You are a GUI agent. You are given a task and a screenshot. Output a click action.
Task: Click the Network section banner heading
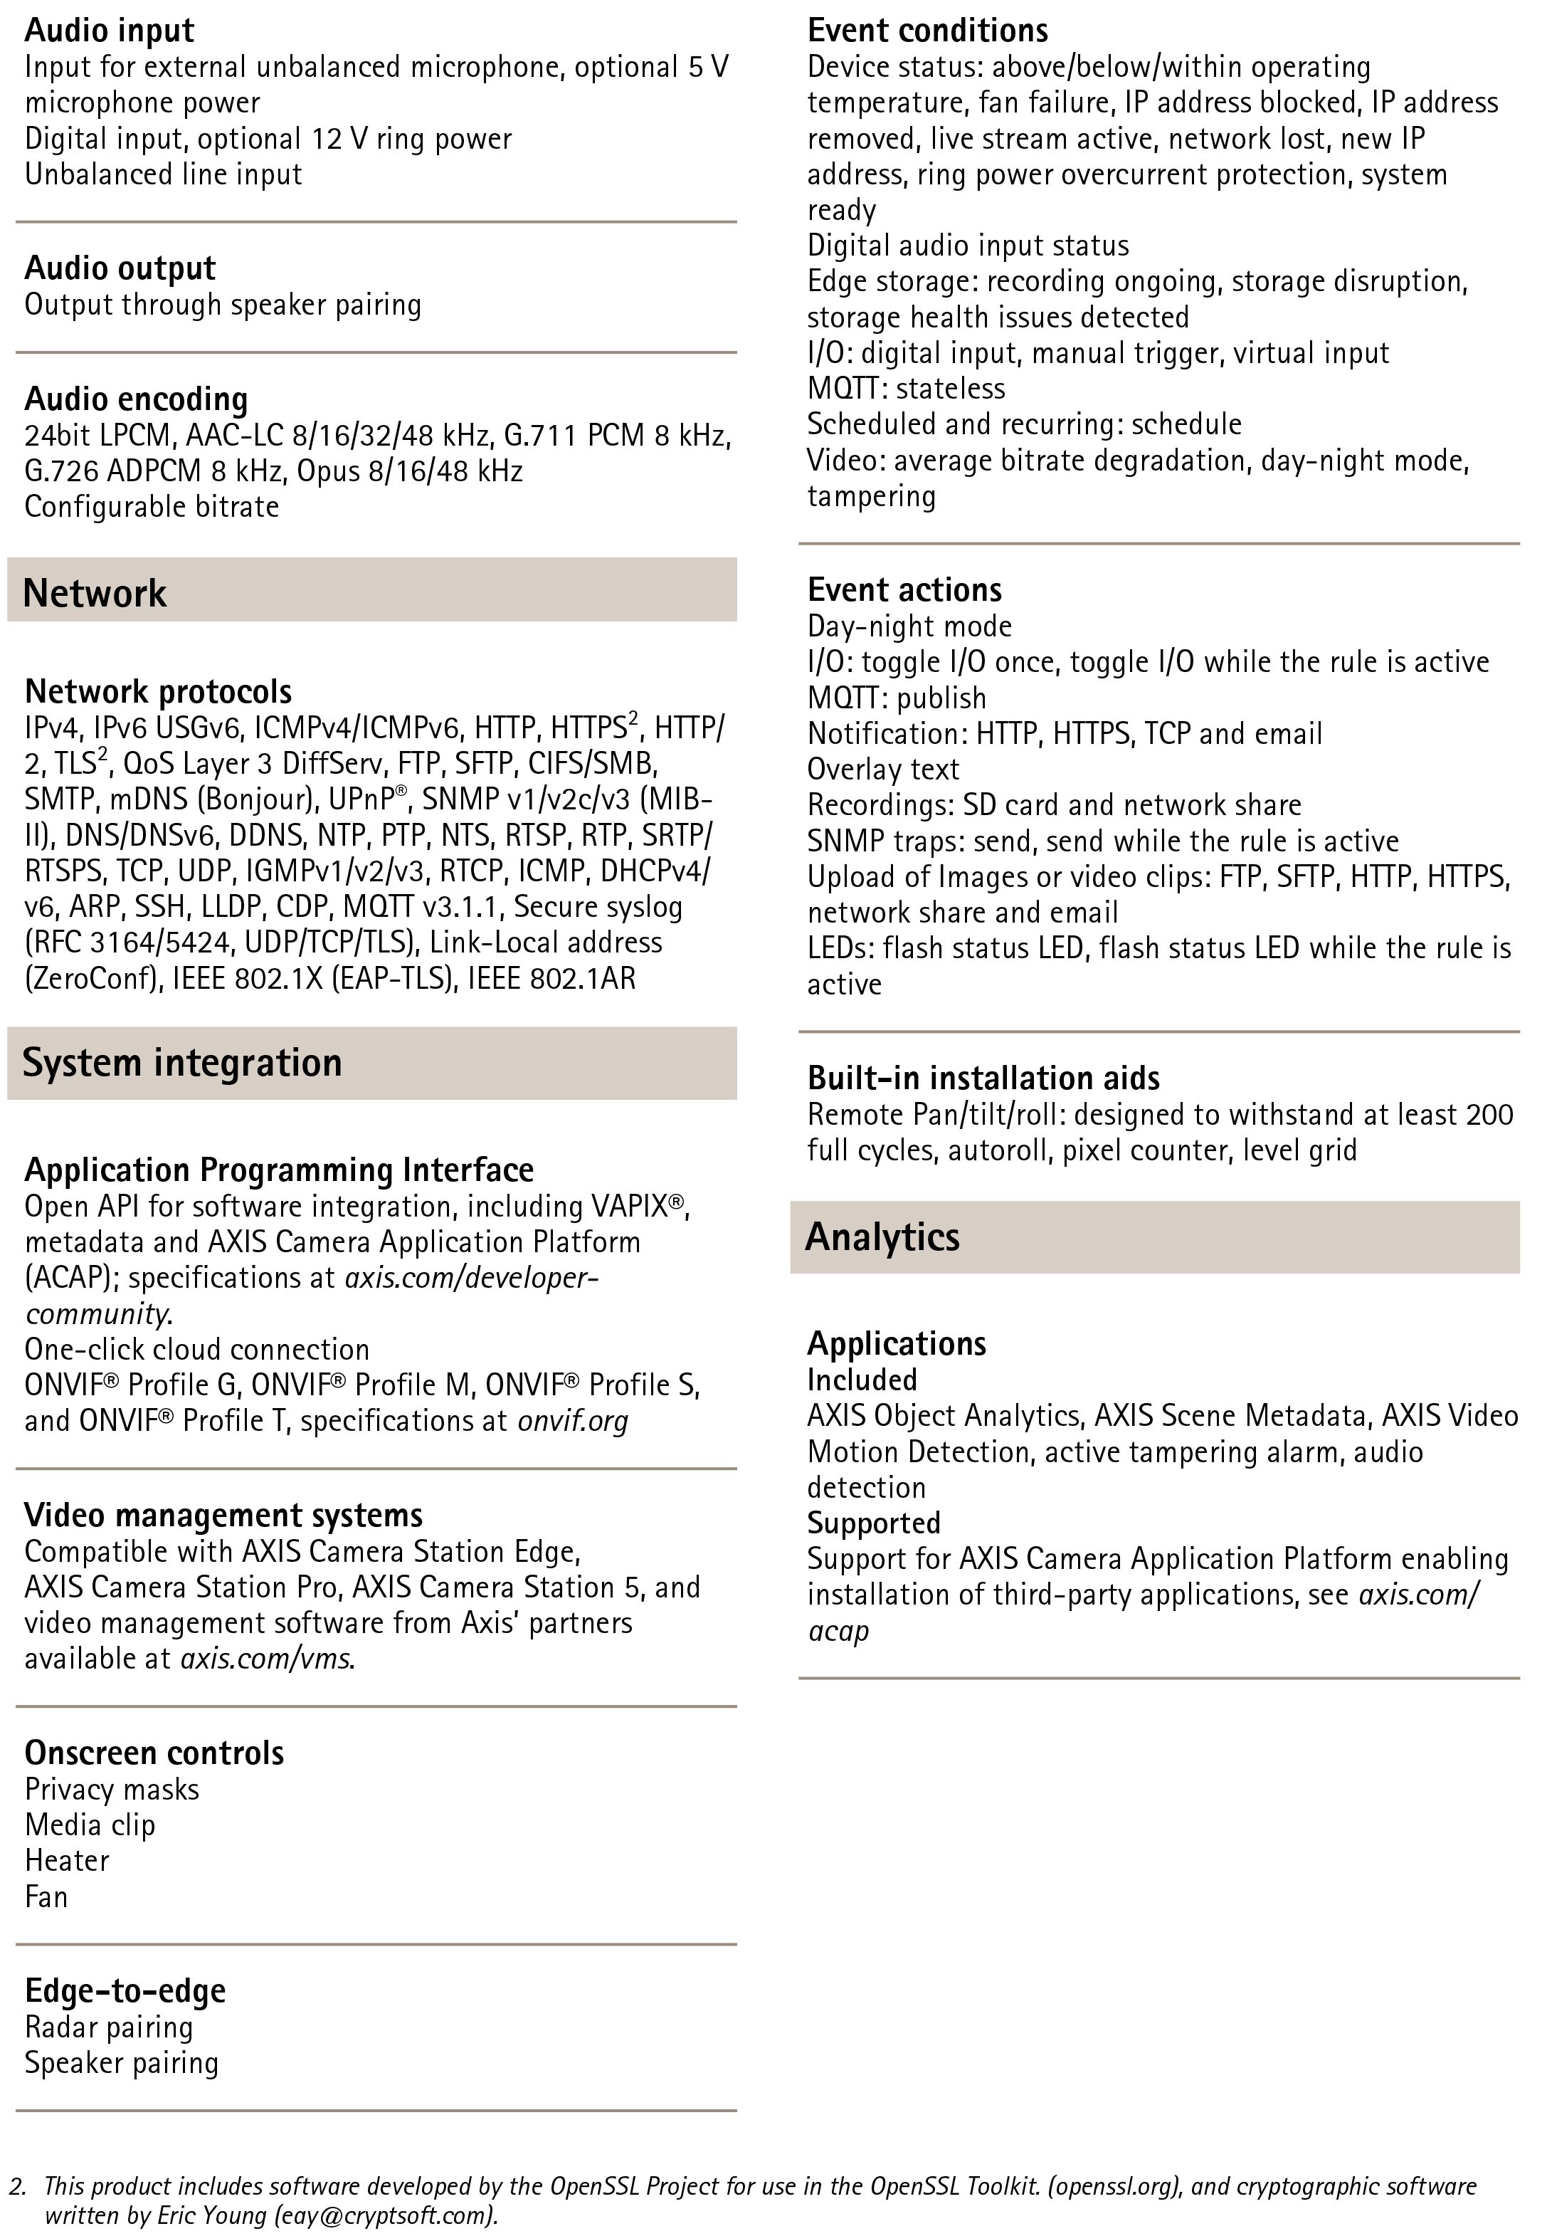[95, 592]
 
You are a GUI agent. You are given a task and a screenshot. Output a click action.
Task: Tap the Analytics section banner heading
[882, 1237]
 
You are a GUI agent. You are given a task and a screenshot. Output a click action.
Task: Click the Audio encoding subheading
[136, 399]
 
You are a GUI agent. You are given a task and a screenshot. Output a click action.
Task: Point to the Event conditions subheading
[928, 30]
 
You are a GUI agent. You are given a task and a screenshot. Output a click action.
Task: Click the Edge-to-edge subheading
[125, 1990]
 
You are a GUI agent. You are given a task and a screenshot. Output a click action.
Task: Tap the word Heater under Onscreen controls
[67, 1860]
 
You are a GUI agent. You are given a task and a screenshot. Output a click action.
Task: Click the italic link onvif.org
[573, 1420]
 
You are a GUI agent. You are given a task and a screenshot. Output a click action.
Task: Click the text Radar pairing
[109, 2027]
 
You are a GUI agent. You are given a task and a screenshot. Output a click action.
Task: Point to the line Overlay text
[883, 769]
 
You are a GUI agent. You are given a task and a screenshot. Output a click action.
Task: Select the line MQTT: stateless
[907, 388]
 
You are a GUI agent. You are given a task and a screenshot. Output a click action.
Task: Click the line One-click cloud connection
[197, 1349]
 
